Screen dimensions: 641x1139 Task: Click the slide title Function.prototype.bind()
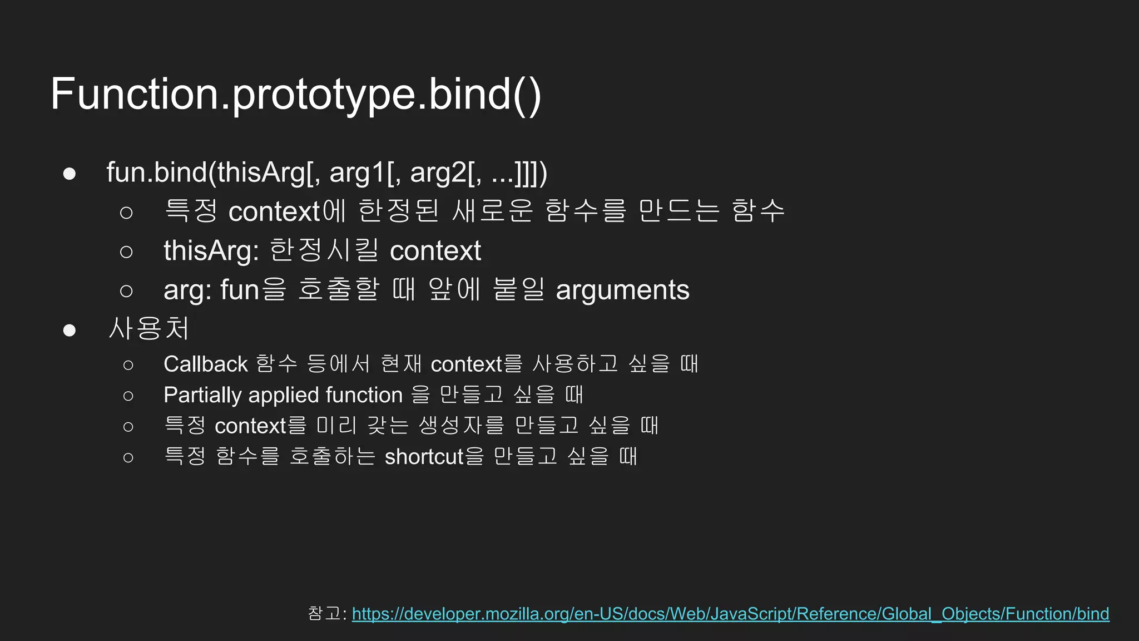coord(296,95)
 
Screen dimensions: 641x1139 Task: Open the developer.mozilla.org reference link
coord(730,614)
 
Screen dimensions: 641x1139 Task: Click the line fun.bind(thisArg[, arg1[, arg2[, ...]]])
coord(326,172)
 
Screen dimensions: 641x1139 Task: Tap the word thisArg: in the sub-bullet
coord(211,251)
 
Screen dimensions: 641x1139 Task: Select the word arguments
coord(622,290)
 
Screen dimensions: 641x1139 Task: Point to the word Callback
coord(205,364)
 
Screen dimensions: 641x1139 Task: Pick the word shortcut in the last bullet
coord(424,457)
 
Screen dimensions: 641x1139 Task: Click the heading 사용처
coord(149,328)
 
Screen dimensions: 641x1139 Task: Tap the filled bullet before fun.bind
coord(70,174)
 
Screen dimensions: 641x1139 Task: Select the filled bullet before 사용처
coord(70,330)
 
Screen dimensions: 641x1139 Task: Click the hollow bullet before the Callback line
coord(128,365)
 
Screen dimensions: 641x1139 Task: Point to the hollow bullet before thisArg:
coord(126,252)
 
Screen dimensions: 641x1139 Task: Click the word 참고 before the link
coord(324,613)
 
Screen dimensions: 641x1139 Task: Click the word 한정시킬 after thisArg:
coord(324,250)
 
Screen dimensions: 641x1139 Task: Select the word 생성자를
coord(461,426)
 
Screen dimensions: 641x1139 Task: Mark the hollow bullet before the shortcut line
coord(128,457)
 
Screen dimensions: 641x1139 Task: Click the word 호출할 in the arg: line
coord(338,290)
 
